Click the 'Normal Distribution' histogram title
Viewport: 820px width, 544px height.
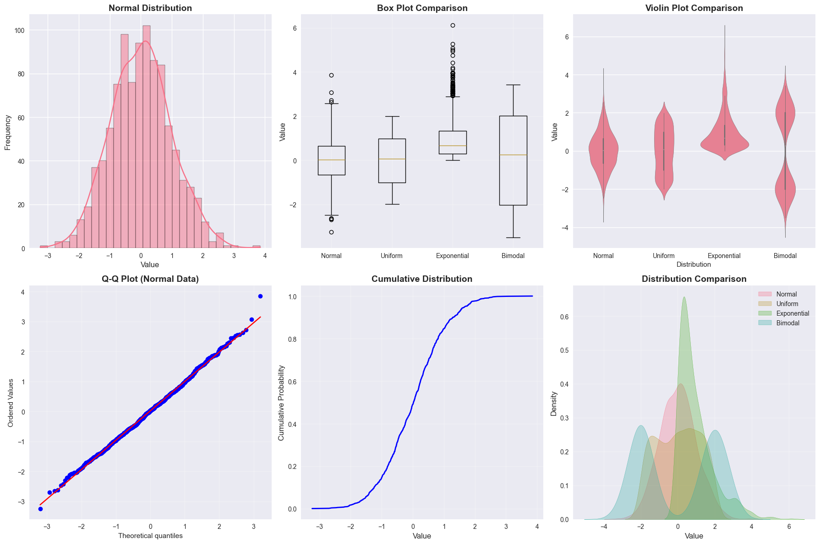[150, 8]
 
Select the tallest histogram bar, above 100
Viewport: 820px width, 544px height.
[146, 137]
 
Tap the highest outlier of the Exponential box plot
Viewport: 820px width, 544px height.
[453, 26]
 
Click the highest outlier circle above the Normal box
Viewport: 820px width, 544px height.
[331, 75]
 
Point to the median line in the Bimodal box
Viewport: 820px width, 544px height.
[513, 155]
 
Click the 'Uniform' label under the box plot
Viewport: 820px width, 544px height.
[392, 256]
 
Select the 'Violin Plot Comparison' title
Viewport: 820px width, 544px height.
[694, 8]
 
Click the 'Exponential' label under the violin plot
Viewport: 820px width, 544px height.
[724, 256]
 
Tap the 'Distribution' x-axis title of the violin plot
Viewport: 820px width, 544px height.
[694, 264]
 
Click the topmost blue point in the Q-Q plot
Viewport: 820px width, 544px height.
[260, 296]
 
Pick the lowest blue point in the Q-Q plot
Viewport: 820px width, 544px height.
[40, 509]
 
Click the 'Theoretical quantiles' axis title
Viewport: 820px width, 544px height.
[150, 536]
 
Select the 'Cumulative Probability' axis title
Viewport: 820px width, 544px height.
[282, 403]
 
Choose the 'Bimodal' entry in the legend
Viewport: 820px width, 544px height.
[787, 323]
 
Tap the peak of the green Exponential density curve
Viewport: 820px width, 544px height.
[684, 297]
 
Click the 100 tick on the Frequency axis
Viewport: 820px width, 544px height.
[21, 31]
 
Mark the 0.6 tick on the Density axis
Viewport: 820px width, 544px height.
[563, 317]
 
